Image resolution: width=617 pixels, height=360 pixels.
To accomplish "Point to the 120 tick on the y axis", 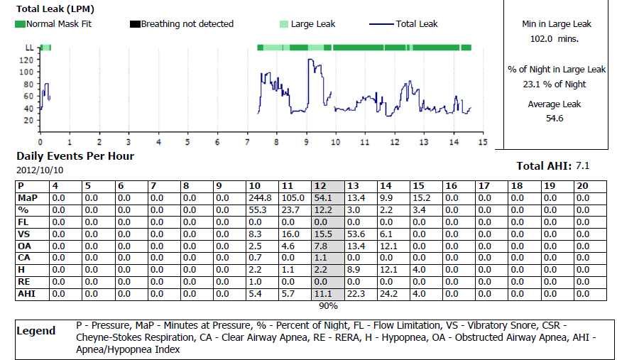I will [26, 60].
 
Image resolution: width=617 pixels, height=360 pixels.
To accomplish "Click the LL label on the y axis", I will [29, 48].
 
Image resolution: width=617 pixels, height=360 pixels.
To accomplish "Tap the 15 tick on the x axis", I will [482, 142].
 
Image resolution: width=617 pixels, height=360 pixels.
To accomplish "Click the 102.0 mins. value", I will [556, 39].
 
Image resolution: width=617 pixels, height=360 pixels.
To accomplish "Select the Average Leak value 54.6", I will [555, 119].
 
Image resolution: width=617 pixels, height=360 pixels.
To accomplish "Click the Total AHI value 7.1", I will [583, 166].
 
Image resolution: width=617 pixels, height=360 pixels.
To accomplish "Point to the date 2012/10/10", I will [38, 170].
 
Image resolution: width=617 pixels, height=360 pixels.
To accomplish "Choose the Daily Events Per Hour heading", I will [75, 156].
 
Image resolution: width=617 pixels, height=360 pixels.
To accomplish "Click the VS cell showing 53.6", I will [356, 232].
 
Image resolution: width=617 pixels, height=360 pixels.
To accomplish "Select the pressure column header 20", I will [582, 186].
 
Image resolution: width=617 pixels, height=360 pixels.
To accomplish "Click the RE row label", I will [23, 281].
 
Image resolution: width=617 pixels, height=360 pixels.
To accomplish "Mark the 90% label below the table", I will [327, 306].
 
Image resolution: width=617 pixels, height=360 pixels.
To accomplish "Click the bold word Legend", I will [36, 331].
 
